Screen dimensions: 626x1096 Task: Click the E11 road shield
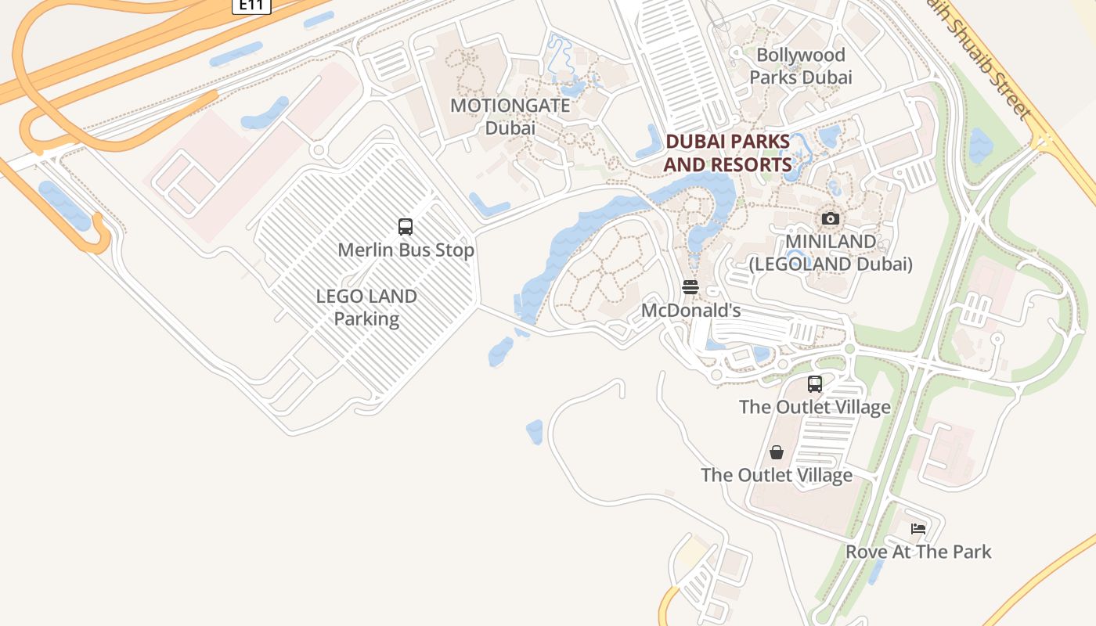(251, 5)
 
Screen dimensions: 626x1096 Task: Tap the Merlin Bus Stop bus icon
(406, 227)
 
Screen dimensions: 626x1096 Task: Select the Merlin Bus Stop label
(406, 250)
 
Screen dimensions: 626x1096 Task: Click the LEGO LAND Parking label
(366, 308)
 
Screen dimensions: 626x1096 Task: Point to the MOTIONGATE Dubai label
(510, 117)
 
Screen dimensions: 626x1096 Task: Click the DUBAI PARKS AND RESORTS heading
(727, 153)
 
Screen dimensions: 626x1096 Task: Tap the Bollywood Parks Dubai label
(800, 66)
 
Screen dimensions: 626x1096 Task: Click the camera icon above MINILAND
(831, 218)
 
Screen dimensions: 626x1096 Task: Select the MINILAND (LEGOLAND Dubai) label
(831, 253)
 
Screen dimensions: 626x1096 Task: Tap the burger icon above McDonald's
(690, 287)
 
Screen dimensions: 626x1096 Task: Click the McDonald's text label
(690, 311)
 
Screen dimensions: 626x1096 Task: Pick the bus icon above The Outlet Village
(815, 384)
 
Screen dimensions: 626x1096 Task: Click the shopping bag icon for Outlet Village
(777, 452)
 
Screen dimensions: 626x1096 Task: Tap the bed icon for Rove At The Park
(918, 529)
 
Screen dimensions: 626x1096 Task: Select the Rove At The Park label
(918, 552)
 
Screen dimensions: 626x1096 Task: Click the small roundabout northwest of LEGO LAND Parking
(318, 149)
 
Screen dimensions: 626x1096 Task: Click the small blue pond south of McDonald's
(535, 432)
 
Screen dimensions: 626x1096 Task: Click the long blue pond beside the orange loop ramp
(64, 206)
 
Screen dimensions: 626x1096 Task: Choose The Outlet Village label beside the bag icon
(777, 475)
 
